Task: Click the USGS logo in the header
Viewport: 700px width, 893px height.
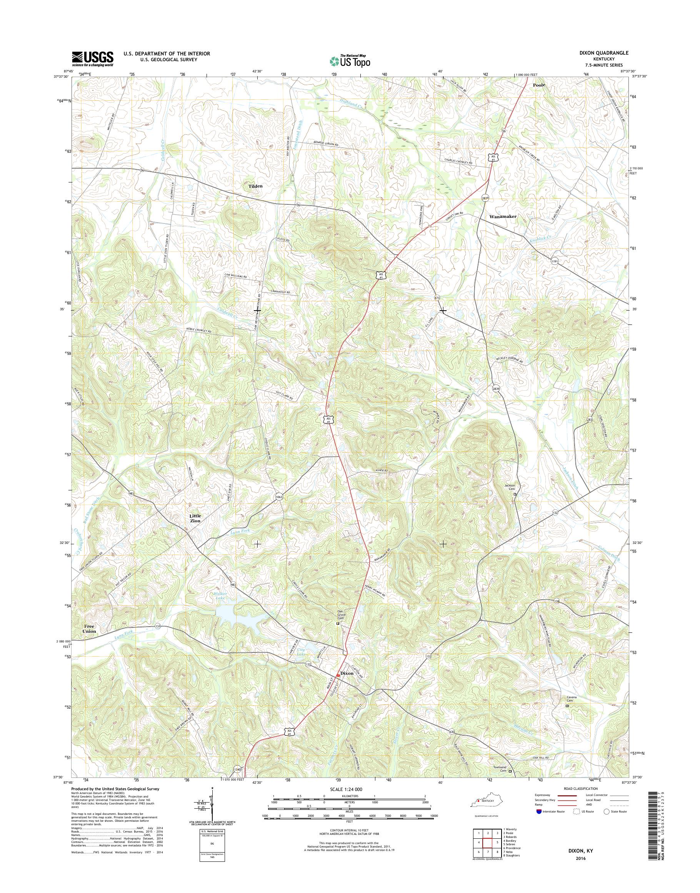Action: point(93,59)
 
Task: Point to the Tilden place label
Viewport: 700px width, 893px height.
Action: point(255,186)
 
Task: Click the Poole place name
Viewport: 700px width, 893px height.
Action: point(539,85)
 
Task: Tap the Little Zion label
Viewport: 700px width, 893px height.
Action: point(195,518)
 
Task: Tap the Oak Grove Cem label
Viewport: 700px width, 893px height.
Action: point(337,616)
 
